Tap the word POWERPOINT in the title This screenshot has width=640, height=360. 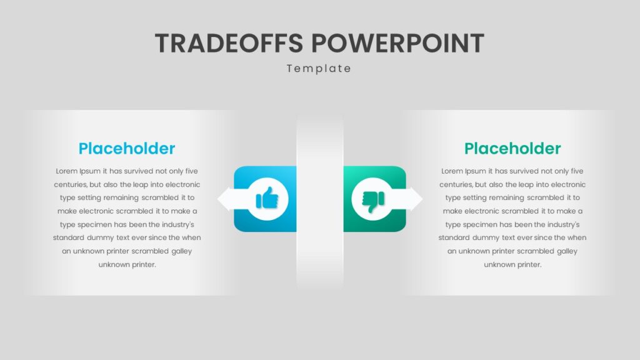[x=397, y=43]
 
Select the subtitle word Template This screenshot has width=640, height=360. [x=319, y=69]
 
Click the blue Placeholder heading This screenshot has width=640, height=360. [x=127, y=149]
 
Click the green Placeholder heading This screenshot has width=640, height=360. [x=512, y=149]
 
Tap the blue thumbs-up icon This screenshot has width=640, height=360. [x=267, y=198]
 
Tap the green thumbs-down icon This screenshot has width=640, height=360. [x=373, y=199]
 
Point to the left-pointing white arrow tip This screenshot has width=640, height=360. [x=218, y=199]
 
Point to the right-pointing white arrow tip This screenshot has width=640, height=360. [x=422, y=199]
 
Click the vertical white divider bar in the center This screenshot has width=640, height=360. [x=320, y=201]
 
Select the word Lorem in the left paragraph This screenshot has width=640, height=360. [x=66, y=171]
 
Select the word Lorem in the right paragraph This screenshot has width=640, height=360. [x=452, y=171]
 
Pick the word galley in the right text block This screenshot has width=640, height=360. [x=567, y=251]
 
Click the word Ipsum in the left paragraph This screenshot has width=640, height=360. [x=90, y=171]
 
